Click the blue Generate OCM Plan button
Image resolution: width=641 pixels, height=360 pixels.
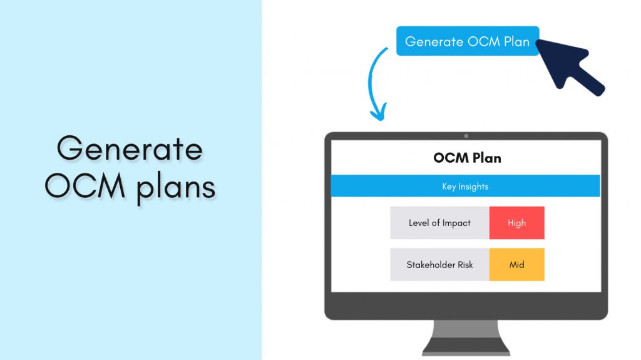pyautogui.click(x=467, y=41)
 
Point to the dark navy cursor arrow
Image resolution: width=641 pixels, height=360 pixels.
pyautogui.click(x=567, y=66)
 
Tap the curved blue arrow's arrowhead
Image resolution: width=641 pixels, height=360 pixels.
pyautogui.click(x=377, y=115)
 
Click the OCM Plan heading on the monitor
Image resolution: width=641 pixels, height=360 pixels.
pyautogui.click(x=467, y=158)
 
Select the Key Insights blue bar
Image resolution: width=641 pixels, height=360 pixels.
pyautogui.click(x=465, y=187)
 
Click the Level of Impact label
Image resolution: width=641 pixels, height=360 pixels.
pyautogui.click(x=439, y=223)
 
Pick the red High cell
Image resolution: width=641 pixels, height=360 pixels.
pyautogui.click(x=516, y=223)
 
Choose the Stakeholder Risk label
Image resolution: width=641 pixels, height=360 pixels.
pyautogui.click(x=439, y=265)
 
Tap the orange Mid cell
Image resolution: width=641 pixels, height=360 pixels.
pyautogui.click(x=516, y=265)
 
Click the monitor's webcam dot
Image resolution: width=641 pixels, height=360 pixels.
pyautogui.click(x=466, y=136)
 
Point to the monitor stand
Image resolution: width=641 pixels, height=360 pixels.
pyautogui.click(x=466, y=338)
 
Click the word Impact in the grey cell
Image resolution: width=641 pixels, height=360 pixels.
pyautogui.click(x=456, y=223)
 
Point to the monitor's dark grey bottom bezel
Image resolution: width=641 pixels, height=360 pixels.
pyautogui.click(x=466, y=306)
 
